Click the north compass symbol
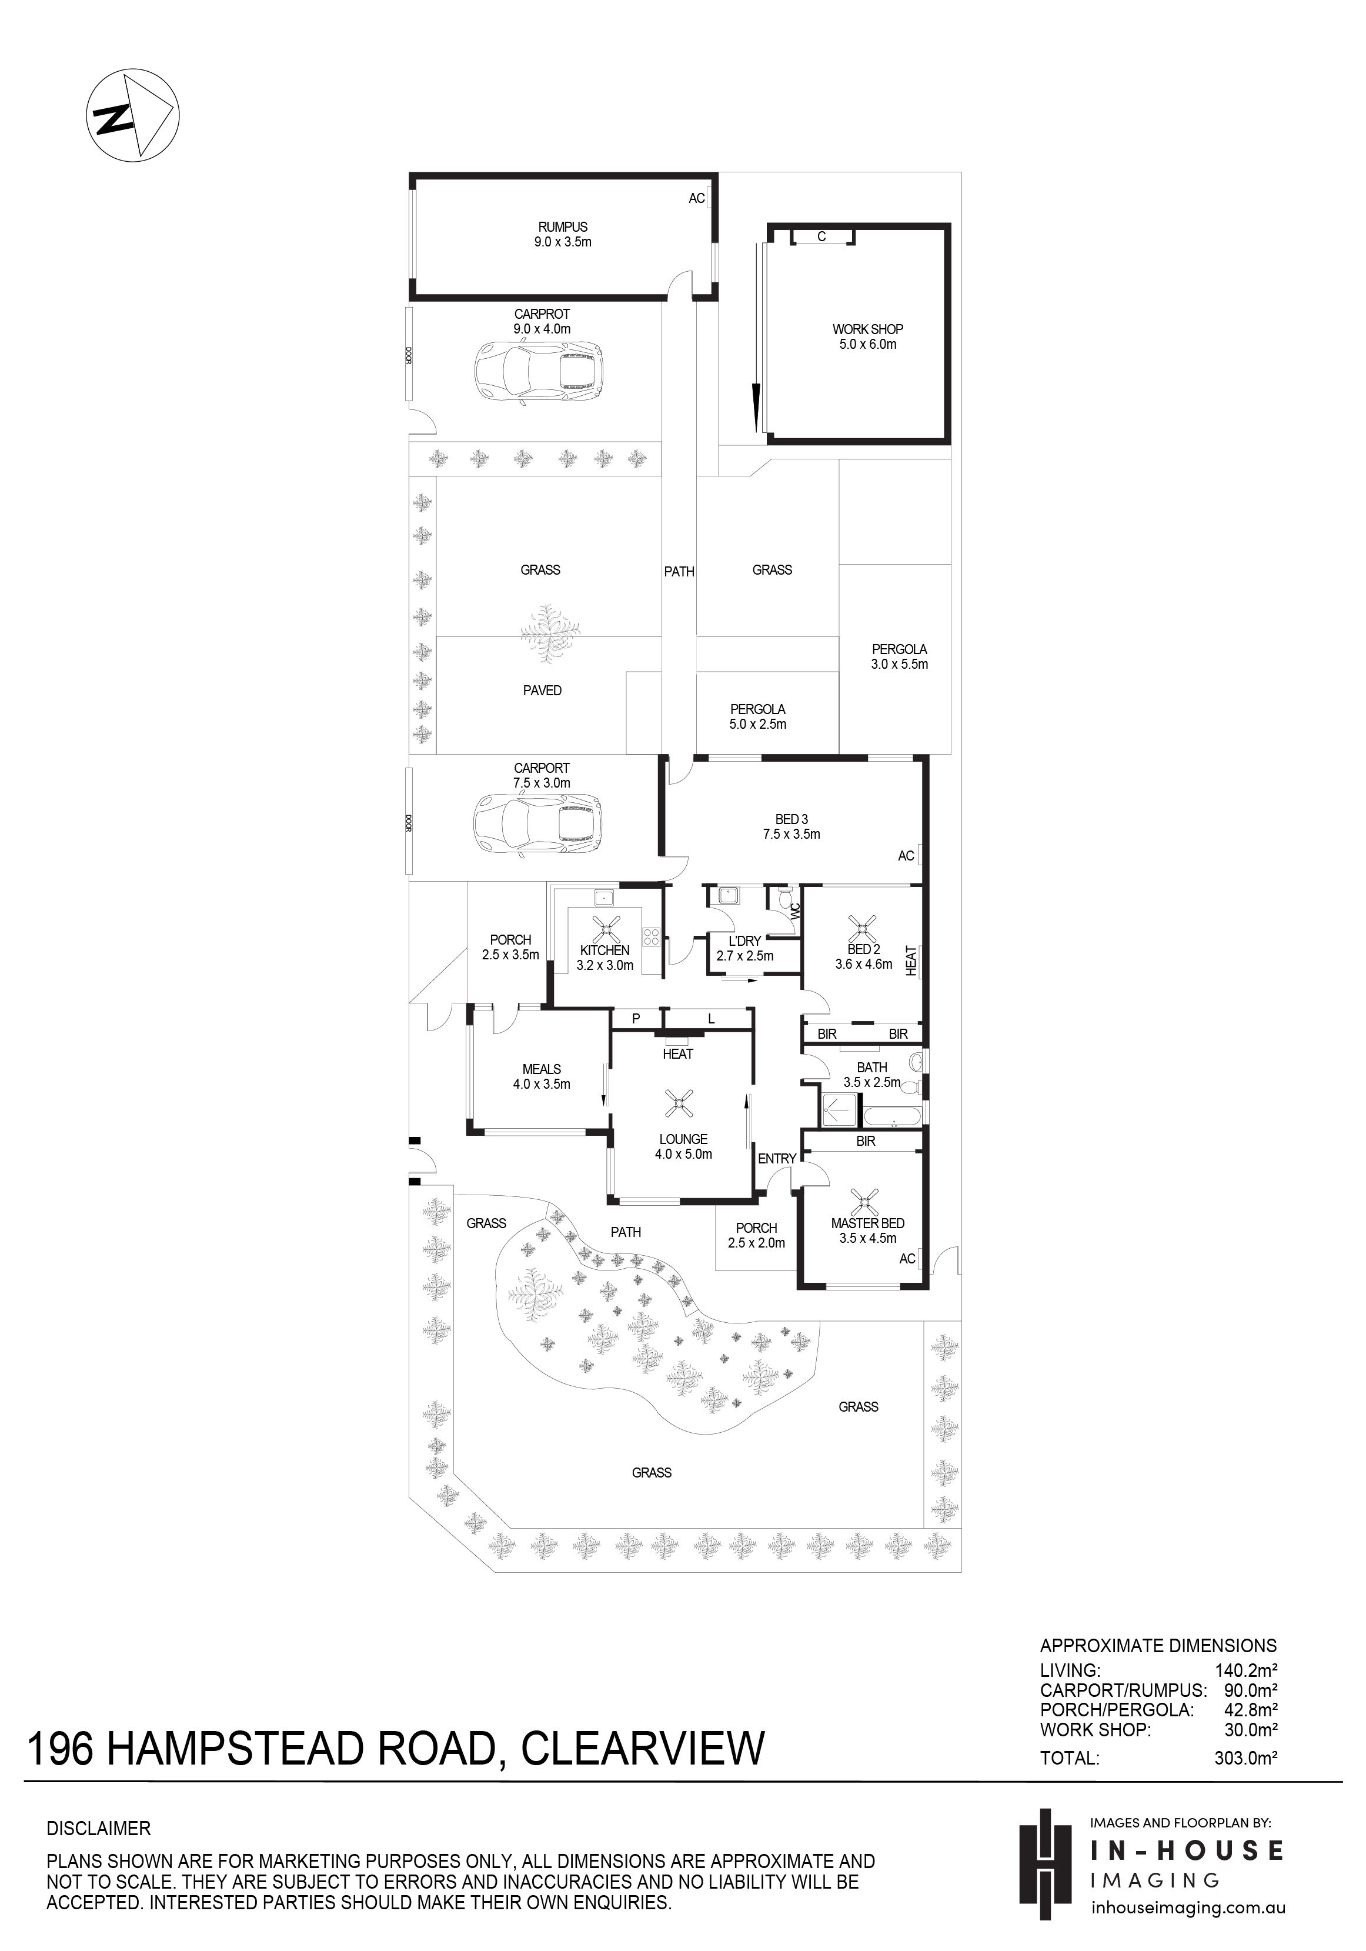tap(132, 115)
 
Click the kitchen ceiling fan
tap(605, 929)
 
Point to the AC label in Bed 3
tap(906, 856)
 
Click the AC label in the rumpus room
tap(697, 199)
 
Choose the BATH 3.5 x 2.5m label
tap(871, 1075)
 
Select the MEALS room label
tap(542, 1076)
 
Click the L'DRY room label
tap(745, 948)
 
